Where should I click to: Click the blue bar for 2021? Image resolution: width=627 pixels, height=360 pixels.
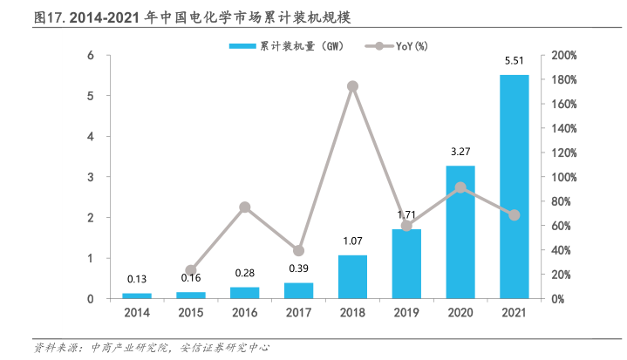(514, 187)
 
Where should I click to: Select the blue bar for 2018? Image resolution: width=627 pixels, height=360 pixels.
(352, 276)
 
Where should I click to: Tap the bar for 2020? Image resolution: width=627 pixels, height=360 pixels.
(460, 232)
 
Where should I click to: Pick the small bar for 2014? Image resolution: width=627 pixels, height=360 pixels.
(137, 295)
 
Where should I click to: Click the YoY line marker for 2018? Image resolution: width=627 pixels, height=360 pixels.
(352, 86)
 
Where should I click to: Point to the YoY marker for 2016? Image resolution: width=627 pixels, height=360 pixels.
(245, 207)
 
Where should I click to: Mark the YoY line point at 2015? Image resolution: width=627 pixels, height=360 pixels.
(191, 270)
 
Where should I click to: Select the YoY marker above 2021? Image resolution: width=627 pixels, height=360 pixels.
(514, 214)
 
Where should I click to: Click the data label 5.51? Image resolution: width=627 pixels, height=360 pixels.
(514, 61)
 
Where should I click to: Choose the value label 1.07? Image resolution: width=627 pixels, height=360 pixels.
(352, 241)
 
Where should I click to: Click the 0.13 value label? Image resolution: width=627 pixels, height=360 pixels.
(137, 280)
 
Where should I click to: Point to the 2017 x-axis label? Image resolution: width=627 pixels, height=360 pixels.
(298, 313)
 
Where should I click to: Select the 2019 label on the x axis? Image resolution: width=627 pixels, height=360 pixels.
(406, 313)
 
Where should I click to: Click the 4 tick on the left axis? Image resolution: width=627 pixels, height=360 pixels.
(91, 136)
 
